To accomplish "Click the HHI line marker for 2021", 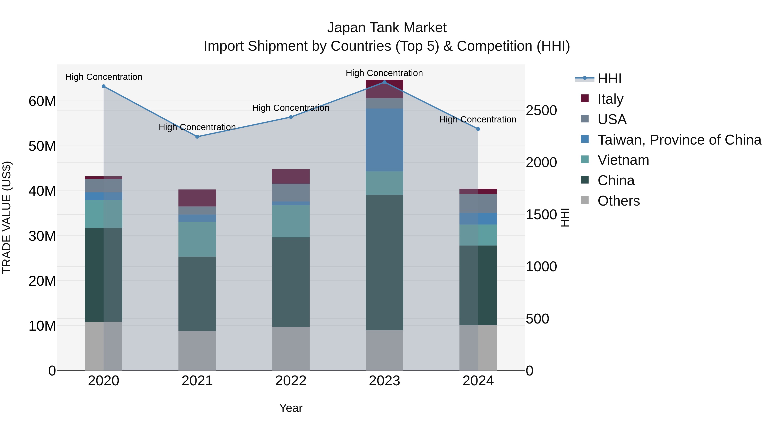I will [x=197, y=137].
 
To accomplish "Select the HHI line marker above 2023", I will [x=384, y=82].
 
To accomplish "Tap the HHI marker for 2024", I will [x=478, y=129].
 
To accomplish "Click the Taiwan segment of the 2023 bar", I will [x=384, y=140].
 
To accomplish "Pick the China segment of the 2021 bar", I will [x=197, y=294].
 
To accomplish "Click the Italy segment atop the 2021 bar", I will [x=197, y=198].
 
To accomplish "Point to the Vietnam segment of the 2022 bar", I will [x=290, y=221].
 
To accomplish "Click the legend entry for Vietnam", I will [x=623, y=160].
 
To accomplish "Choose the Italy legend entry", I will [x=610, y=99].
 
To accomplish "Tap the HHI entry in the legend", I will [x=609, y=79].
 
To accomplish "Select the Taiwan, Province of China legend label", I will [x=679, y=140].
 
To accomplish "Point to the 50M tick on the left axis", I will [x=42, y=146].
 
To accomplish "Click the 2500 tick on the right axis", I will [x=541, y=110].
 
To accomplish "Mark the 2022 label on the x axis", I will [x=290, y=381].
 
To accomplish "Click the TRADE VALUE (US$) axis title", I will [x=7, y=217].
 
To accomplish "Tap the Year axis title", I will [x=290, y=408].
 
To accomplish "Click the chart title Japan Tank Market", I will [x=387, y=28].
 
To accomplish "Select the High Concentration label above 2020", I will [x=104, y=77].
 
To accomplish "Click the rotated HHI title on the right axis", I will [x=565, y=217].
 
